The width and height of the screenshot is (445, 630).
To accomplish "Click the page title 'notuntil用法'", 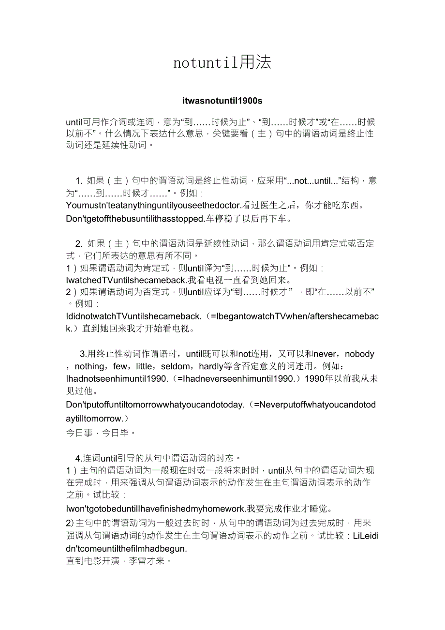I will click(x=222, y=62).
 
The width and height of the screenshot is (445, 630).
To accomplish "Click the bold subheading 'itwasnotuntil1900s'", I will click(x=222, y=101).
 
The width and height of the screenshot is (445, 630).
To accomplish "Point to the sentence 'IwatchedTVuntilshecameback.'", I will click(x=126, y=280).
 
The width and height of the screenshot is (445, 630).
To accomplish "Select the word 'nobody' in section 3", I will click(x=359, y=354).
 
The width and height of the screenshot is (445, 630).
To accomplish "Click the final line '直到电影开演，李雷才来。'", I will click(x=119, y=562).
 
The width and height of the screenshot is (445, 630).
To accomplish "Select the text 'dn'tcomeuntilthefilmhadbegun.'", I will click(x=126, y=549).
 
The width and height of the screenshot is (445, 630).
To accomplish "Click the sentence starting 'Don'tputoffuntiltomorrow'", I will click(x=155, y=405).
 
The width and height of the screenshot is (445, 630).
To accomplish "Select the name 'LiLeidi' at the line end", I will click(x=366, y=536).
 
